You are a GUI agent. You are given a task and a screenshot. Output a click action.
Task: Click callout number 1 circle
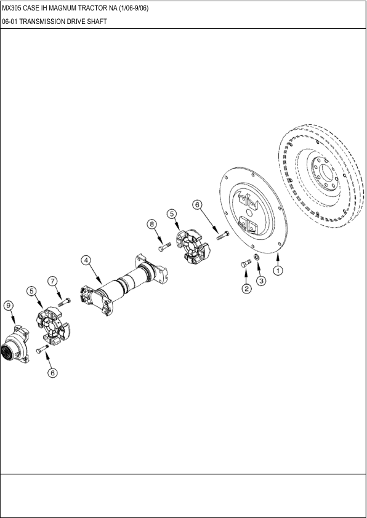(278, 270)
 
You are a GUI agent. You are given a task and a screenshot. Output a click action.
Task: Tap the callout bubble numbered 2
(246, 288)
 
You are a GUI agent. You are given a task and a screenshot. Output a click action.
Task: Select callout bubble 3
(261, 281)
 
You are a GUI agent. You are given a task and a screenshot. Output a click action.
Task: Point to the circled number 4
(87, 260)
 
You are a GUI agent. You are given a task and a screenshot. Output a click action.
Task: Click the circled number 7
(53, 281)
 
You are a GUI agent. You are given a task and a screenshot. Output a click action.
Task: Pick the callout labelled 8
(151, 225)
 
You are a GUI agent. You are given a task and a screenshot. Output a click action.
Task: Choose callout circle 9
(8, 305)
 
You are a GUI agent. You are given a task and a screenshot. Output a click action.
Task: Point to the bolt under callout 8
(164, 247)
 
